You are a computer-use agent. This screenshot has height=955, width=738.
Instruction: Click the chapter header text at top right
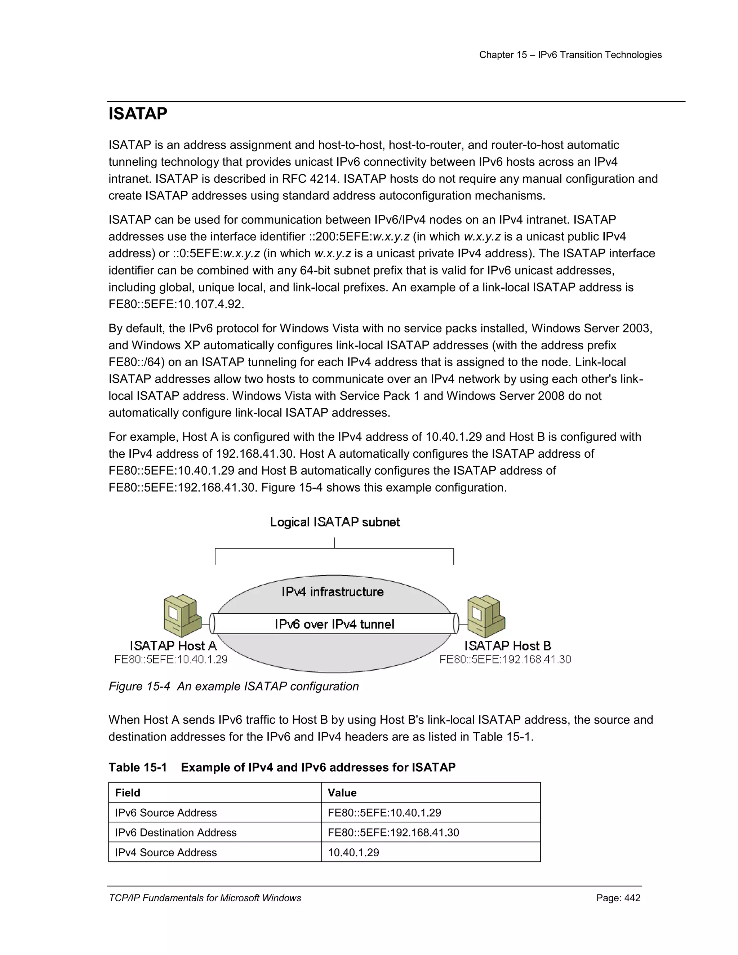click(x=570, y=55)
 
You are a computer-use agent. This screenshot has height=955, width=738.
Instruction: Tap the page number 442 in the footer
click(x=618, y=898)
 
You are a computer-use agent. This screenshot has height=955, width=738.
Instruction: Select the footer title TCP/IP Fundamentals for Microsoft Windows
click(x=205, y=898)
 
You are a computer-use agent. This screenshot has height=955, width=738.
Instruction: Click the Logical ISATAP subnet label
click(x=334, y=522)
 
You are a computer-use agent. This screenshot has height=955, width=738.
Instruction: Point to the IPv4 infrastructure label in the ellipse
click(x=332, y=592)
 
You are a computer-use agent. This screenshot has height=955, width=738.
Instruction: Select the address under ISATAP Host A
click(x=171, y=659)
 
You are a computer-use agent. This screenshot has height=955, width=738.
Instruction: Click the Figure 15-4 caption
click(x=234, y=686)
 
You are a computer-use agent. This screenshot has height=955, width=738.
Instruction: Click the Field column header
click(x=128, y=793)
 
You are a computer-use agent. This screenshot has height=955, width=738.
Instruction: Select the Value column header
click(x=342, y=793)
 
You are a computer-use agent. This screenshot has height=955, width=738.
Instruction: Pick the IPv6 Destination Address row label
click(x=176, y=832)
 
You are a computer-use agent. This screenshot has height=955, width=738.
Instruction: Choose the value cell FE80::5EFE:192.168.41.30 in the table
click(x=393, y=832)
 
